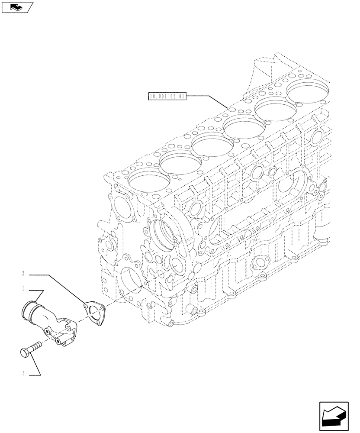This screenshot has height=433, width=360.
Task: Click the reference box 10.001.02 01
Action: pos(166,97)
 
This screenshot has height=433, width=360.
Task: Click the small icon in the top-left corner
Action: pos(17,7)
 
